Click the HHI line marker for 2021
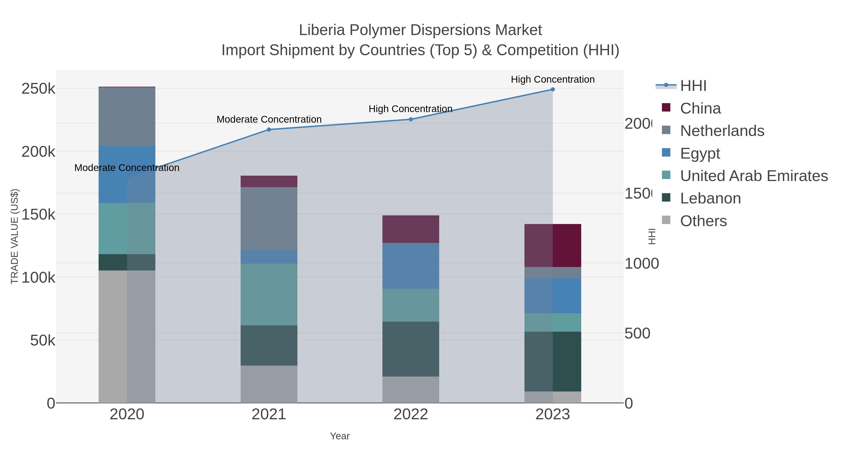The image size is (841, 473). tap(269, 130)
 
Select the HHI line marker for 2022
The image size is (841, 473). tap(411, 119)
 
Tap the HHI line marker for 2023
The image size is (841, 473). tap(552, 89)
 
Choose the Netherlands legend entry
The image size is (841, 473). tap(722, 131)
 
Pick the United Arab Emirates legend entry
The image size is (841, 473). tap(753, 176)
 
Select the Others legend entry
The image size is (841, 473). tap(703, 221)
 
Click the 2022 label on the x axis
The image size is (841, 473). tap(411, 415)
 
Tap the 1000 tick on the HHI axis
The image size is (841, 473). tap(641, 264)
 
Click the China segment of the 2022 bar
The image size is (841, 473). tap(411, 229)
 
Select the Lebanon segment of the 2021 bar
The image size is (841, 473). tap(269, 345)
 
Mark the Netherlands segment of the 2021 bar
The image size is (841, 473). tap(269, 219)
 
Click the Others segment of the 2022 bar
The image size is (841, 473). tap(411, 390)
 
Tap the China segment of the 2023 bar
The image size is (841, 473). tap(552, 245)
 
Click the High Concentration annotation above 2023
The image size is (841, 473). tap(552, 80)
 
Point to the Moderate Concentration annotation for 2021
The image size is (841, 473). tap(269, 119)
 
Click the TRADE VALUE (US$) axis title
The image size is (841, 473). tap(15, 236)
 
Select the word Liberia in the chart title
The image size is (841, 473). tap(322, 30)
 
